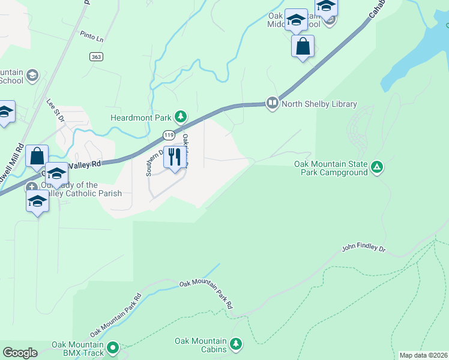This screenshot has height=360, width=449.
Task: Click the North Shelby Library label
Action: [x=319, y=104]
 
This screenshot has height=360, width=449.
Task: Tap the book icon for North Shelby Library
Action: [x=273, y=104]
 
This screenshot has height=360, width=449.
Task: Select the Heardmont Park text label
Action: [x=141, y=117]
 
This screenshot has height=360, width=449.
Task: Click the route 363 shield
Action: [x=95, y=56]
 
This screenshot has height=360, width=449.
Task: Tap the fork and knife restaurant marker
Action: [x=175, y=157]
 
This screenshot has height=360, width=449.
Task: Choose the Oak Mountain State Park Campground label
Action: [x=330, y=168]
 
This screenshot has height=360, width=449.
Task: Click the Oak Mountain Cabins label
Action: [x=200, y=345]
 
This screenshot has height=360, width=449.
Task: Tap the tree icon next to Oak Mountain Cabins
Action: [x=237, y=343]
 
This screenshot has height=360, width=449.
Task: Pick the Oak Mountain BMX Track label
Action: [x=78, y=348]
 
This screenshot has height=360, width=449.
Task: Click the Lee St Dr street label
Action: [x=55, y=112]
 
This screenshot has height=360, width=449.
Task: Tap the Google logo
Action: [x=20, y=353]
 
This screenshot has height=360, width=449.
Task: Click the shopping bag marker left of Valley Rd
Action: [x=37, y=157]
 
